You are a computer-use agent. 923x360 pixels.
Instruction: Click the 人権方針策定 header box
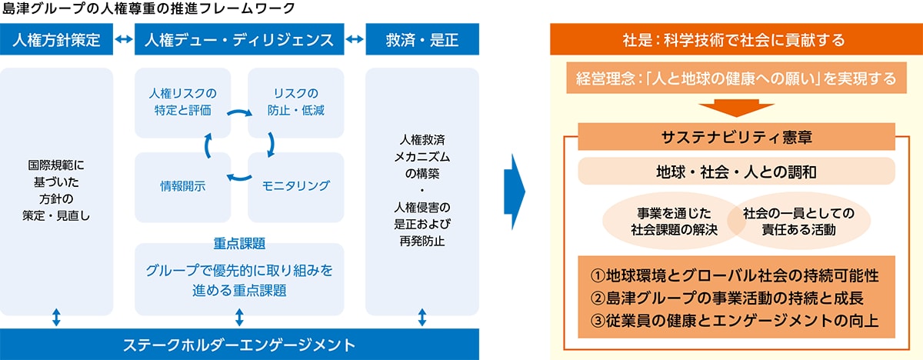point(57,40)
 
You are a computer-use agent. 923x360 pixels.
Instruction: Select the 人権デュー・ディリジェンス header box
point(238,40)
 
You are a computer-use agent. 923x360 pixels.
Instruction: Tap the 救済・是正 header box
point(422,40)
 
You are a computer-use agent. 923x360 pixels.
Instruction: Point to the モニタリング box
point(296,186)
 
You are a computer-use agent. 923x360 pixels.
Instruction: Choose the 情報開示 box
point(182,186)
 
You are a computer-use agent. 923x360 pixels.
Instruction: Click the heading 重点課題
point(238,244)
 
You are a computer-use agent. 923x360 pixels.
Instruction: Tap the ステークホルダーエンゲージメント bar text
point(238,342)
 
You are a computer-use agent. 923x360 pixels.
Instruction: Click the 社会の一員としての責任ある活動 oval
point(800,220)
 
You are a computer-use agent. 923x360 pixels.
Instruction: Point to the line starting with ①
point(736,275)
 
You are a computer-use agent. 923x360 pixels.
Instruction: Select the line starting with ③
point(735,320)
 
